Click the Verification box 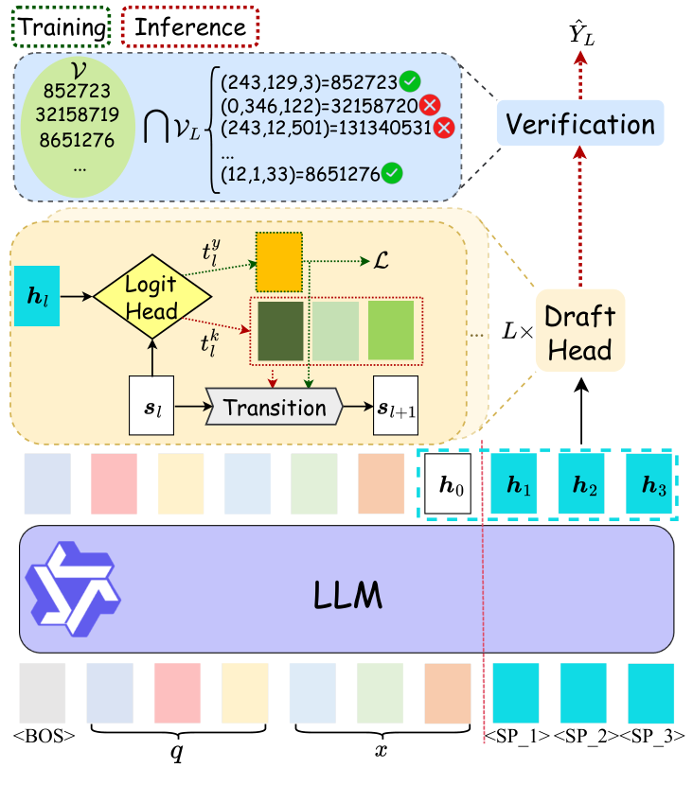tap(579, 123)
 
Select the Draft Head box tap(579, 330)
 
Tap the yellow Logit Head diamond tap(152, 297)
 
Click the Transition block tap(275, 407)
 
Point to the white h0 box tap(448, 483)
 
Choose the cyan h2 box tap(581, 483)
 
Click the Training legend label tap(61, 27)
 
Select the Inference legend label tap(190, 27)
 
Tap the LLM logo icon tap(73, 588)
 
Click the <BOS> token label tap(44, 736)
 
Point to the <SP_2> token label tap(585, 736)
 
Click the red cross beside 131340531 tap(444, 128)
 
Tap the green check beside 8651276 tap(392, 173)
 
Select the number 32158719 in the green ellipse tap(78, 114)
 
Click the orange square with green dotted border tap(279, 262)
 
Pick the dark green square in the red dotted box tap(280, 330)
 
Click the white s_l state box tap(151, 406)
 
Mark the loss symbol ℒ tap(381, 261)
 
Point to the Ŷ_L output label tap(581, 33)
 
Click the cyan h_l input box tap(37, 296)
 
